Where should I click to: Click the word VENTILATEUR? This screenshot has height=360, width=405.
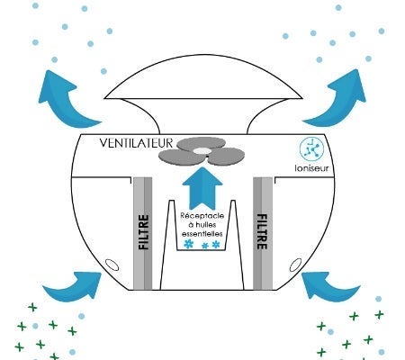(x=136, y=143)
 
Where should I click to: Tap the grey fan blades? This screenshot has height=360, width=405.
(x=202, y=151)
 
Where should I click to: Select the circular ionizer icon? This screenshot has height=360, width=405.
(x=311, y=148)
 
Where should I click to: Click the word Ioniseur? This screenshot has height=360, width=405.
(x=311, y=168)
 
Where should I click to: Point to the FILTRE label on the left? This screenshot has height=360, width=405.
(x=144, y=232)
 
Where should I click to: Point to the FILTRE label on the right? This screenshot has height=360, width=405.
(x=262, y=231)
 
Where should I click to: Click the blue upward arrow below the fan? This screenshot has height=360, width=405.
(x=202, y=189)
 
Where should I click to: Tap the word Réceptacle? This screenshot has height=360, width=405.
(x=202, y=216)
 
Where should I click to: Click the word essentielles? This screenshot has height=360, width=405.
(x=202, y=233)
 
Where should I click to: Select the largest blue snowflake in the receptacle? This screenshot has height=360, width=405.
(x=188, y=244)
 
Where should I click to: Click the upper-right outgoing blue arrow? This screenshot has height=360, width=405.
(x=339, y=100)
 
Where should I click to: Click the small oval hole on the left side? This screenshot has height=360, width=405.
(x=112, y=265)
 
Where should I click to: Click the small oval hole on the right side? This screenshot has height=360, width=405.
(x=295, y=265)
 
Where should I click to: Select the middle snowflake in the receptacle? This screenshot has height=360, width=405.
(x=205, y=246)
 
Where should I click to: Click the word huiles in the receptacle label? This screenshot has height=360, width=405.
(x=205, y=225)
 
